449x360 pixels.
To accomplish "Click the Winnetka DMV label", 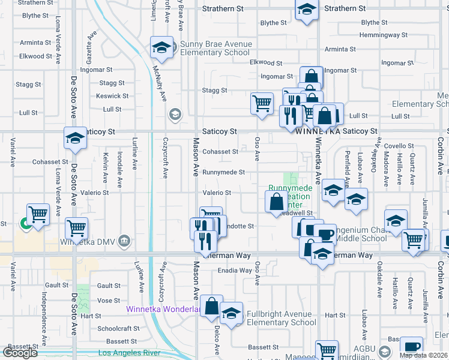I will (88, 242).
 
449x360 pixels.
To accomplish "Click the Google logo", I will (20, 353).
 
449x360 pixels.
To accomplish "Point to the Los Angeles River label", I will (129, 353).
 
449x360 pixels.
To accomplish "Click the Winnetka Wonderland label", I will (163, 310).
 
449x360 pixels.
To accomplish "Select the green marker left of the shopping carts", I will (25, 224).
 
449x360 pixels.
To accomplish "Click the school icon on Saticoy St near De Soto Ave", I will (76, 139).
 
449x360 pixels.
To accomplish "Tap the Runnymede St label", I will (223, 172).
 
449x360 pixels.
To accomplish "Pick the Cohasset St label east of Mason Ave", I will (220, 152).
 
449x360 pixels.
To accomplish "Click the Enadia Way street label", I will (235, 271).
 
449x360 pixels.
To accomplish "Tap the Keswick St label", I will (112, 96).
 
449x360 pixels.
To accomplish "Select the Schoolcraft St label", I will (118, 329).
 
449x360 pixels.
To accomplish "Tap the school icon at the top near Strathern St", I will (306, 10).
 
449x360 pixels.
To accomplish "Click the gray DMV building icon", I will (124, 241).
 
